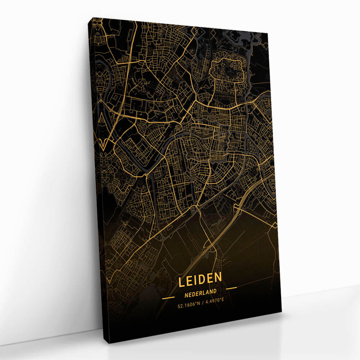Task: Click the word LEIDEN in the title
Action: coord(200,280)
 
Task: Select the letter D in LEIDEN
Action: coord(202,280)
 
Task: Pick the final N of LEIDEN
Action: coord(217,279)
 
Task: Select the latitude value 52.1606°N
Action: coord(188,305)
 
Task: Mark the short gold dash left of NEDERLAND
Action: coord(168,298)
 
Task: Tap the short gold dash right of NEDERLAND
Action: coord(231,288)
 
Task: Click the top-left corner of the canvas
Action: coord(93,18)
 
